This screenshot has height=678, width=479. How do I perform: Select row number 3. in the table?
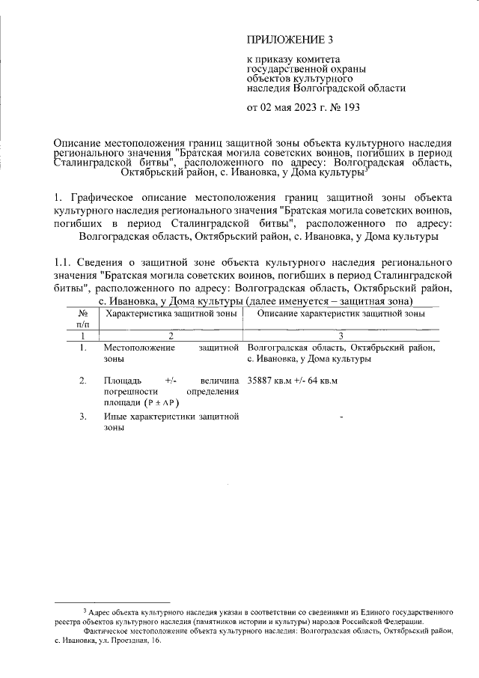pyautogui.click(x=83, y=417)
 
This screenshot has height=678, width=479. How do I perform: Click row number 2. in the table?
pyautogui.click(x=83, y=381)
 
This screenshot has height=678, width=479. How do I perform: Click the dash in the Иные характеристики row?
pyautogui.click(x=341, y=417)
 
